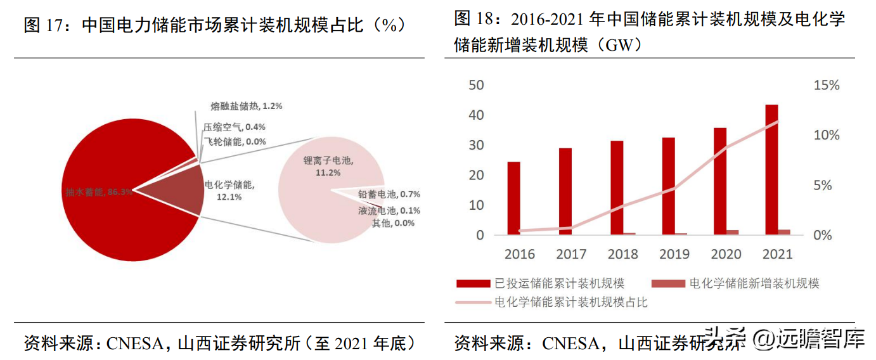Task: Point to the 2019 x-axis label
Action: point(674,254)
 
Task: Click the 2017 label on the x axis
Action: point(571,254)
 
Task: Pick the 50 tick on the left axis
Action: point(475,86)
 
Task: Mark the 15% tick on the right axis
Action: point(826,86)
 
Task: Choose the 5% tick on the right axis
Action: point(826,186)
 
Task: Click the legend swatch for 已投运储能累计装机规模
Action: point(473,283)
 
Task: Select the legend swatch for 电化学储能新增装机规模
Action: point(668,283)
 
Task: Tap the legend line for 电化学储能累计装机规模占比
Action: point(473,302)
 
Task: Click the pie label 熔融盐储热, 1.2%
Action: point(246,106)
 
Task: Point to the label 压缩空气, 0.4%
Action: point(234,127)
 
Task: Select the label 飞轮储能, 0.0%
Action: point(234,142)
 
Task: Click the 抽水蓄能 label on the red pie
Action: point(99,191)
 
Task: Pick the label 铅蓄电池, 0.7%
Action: point(389,195)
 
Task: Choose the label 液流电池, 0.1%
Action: point(389,210)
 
